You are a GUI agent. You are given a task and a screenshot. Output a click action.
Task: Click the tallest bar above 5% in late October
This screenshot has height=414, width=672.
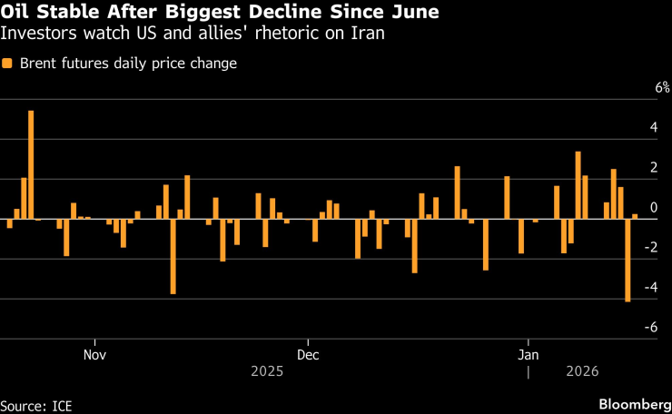(x=31, y=164)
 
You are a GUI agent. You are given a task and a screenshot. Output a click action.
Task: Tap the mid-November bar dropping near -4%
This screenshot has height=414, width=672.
(x=173, y=256)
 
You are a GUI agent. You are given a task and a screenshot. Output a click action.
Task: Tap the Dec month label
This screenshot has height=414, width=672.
(x=308, y=353)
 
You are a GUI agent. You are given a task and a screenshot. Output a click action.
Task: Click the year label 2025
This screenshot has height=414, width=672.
(x=267, y=371)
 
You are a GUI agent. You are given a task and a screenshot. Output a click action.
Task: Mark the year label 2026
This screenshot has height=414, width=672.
(x=581, y=371)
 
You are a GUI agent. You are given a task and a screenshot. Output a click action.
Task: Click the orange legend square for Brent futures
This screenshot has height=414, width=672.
(x=8, y=64)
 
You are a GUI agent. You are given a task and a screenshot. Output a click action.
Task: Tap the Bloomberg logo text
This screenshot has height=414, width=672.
(x=632, y=402)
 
